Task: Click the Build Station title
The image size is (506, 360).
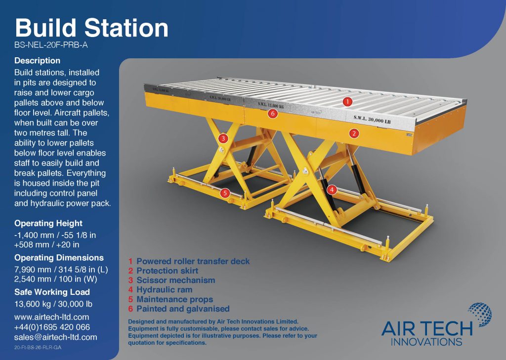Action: pos(91,28)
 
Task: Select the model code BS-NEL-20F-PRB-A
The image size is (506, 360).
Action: pos(51,45)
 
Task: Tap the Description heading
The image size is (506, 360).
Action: pos(37,61)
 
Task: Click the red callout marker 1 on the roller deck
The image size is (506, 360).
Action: pos(347,102)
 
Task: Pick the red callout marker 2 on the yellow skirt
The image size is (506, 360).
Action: pos(354,133)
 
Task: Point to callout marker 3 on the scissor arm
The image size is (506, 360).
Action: pos(223,139)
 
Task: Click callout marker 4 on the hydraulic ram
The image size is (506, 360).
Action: pos(332,190)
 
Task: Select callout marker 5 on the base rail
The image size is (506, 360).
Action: pos(225,193)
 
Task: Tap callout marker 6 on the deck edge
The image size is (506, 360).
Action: pos(273,113)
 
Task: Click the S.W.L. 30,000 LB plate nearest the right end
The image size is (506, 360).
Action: pos(372,120)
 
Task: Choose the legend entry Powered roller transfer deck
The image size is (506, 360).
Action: pos(193,261)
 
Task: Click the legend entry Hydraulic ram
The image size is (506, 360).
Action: pos(164,290)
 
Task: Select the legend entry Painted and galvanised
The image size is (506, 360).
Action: pos(183,309)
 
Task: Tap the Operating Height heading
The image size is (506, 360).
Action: pos(48,223)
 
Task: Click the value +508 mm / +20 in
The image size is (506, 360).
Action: pos(47,244)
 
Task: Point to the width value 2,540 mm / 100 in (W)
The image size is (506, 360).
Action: pos(55,279)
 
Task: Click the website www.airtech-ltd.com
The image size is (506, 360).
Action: pos(51,317)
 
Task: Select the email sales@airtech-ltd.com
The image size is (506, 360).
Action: pos(55,337)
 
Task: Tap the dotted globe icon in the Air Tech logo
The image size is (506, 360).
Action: pos(480,315)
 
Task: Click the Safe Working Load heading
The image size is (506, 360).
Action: pos(52,292)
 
